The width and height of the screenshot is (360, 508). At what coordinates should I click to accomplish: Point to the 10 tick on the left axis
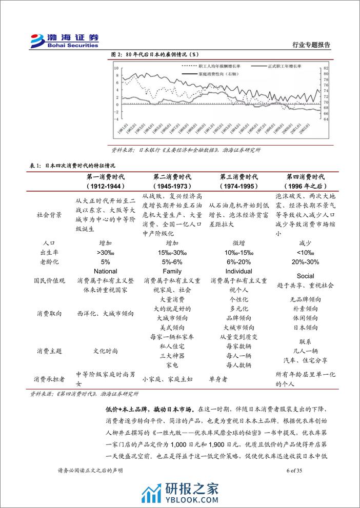point(116,68)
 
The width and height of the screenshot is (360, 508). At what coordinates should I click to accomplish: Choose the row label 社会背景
point(49,215)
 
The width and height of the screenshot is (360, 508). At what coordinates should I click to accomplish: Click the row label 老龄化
point(49,261)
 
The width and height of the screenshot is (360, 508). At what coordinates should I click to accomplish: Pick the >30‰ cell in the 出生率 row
point(106,252)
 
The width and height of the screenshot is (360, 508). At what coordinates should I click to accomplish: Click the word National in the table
point(106,271)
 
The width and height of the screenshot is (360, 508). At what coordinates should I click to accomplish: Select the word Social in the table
point(305,276)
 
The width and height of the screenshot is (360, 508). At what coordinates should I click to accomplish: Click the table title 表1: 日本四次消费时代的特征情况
point(73,165)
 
